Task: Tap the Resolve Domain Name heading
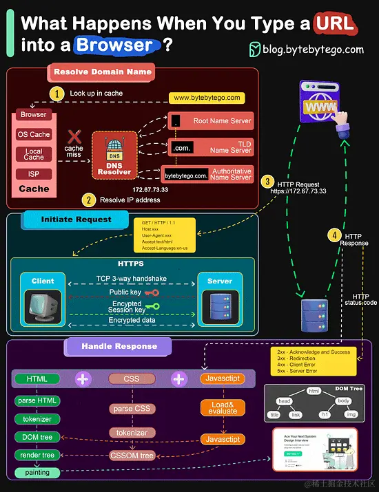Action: click(102, 72)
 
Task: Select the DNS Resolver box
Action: click(114, 156)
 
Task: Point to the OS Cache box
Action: click(34, 135)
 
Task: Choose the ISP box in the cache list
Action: click(34, 174)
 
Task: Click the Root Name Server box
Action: click(211, 121)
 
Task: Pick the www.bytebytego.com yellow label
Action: click(207, 98)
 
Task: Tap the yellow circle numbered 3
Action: click(267, 182)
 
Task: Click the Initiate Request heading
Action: click(76, 220)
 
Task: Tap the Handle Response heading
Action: click(119, 346)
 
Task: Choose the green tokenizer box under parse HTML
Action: click(37, 419)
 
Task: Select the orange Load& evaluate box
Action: click(223, 407)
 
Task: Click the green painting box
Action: click(37, 472)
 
